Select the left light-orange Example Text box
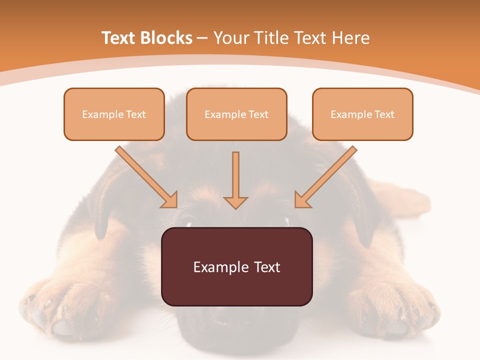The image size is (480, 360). pos(114,114)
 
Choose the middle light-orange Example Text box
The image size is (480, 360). pos(236,114)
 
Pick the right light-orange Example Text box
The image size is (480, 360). pos(362,114)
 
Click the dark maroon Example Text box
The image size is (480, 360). pos(236,266)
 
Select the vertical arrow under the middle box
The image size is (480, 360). pos(235,180)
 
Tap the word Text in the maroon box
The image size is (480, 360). pos(267,267)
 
